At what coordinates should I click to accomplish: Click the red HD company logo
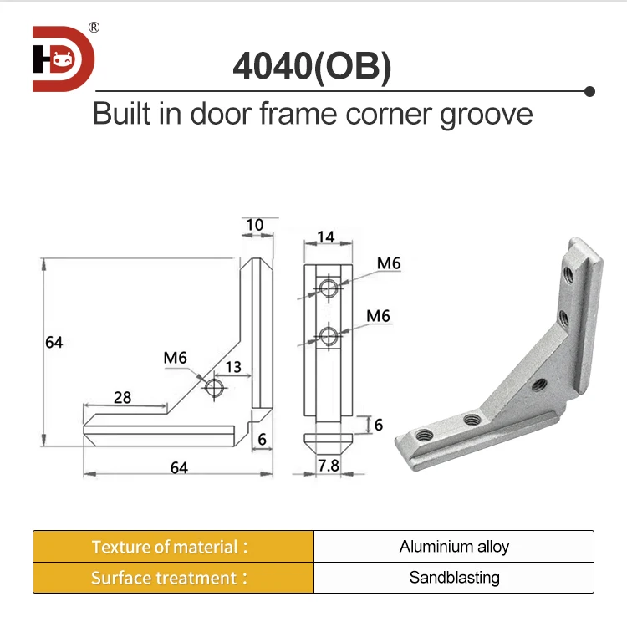click(64, 59)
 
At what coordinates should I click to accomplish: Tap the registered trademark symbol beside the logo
click(94, 28)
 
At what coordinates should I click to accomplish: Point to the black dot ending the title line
click(589, 91)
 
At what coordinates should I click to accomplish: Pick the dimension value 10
click(254, 225)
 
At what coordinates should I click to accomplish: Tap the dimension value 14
click(326, 237)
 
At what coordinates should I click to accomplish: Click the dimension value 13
click(232, 367)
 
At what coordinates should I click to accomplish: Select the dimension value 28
click(122, 397)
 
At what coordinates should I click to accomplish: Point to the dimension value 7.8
click(327, 465)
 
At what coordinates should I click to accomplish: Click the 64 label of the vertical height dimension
click(54, 343)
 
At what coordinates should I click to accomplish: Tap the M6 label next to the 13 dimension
click(175, 359)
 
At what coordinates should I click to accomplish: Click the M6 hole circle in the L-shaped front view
click(215, 387)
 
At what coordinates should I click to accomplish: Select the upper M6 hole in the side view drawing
click(329, 289)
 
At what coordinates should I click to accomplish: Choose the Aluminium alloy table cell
click(454, 547)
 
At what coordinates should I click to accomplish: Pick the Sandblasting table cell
click(454, 578)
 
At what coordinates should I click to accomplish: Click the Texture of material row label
click(171, 547)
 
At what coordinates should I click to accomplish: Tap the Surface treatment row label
click(171, 578)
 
